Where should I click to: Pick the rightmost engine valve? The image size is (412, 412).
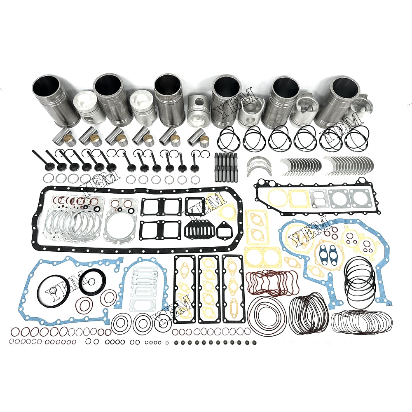tap(194, 162)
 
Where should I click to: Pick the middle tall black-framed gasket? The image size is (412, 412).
tap(209, 289)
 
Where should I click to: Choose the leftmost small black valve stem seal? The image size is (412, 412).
tap(176, 343)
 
